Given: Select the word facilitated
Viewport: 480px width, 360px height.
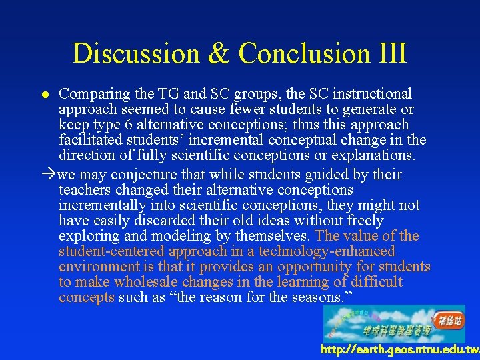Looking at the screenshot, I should click(x=91, y=140).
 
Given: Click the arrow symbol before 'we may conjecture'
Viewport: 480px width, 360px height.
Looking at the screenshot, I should click(x=49, y=175).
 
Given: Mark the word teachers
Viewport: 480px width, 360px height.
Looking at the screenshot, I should click(x=83, y=190).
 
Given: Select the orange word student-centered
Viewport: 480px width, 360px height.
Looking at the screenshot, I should click(x=111, y=251).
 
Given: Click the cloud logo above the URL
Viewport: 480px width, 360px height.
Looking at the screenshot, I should click(x=394, y=323).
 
